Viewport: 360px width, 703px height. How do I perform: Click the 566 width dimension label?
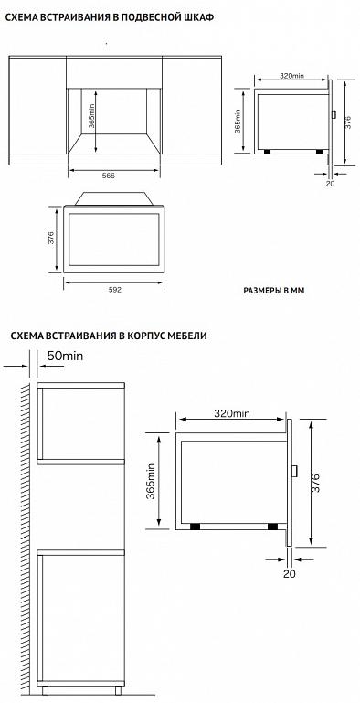coord(109,176)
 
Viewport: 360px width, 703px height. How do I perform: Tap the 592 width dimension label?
coord(115,290)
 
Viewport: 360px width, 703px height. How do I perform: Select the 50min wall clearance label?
coord(66,356)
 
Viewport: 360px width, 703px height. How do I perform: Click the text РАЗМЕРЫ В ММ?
coord(273,291)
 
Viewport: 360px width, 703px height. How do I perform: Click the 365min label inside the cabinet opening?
coord(91,117)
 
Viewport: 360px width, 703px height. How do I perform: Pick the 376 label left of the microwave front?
coord(50,238)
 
